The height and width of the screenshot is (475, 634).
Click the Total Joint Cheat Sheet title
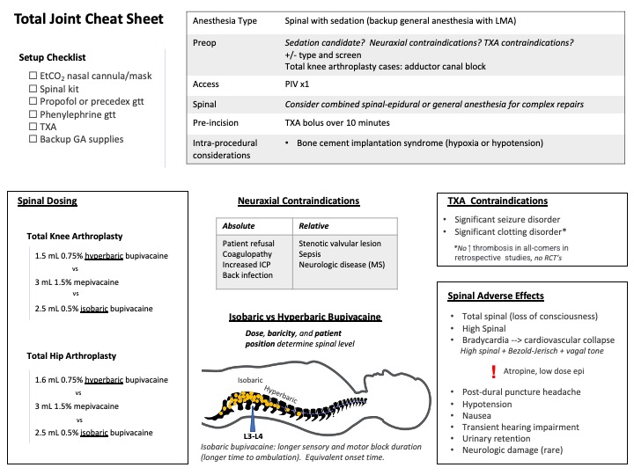[89, 19]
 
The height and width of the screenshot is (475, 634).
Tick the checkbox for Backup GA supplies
[33, 139]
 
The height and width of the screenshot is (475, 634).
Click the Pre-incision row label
[222, 123]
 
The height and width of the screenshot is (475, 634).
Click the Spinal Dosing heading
[48, 201]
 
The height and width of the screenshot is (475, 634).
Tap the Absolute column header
[239, 225]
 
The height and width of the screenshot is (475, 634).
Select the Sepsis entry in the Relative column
[313, 253]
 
